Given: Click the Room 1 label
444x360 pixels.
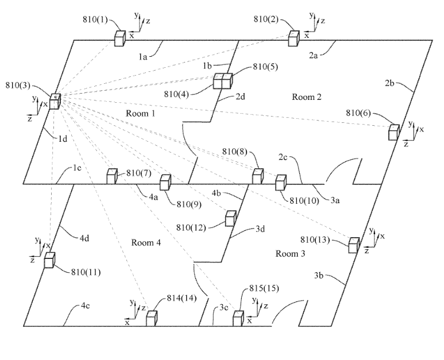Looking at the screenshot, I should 141,114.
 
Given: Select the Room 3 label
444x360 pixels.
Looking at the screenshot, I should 291,253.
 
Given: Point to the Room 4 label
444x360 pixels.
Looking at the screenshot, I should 146,243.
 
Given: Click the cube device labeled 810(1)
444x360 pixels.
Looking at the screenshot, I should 120,38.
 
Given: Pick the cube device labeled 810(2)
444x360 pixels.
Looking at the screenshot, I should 294,38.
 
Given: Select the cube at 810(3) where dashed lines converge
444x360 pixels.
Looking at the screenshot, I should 55,102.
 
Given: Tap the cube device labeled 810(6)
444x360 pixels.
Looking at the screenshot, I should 393,131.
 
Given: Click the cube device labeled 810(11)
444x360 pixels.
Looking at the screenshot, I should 50,260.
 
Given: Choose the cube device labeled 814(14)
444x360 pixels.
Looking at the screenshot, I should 151,318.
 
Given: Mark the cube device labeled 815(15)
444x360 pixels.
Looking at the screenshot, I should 238,318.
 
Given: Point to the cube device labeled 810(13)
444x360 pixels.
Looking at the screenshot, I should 354,245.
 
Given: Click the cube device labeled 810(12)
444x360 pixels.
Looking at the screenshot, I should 230,219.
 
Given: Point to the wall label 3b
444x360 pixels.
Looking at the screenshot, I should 321,276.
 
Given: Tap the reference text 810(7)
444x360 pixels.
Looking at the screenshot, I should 138,173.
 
